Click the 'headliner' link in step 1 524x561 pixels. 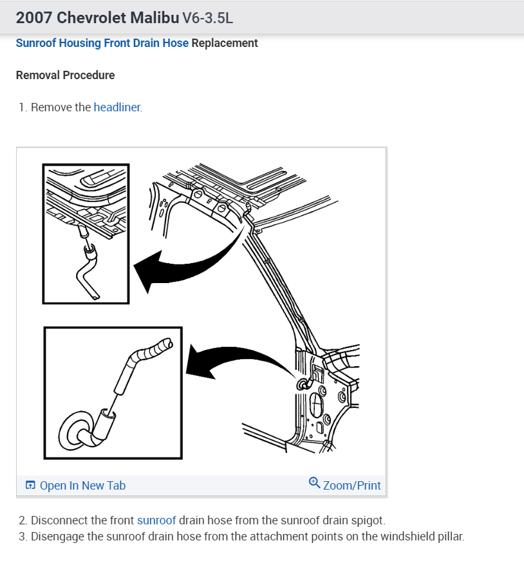click(x=117, y=107)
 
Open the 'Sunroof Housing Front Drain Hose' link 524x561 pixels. click(x=102, y=43)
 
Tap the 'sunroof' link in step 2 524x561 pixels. click(x=156, y=520)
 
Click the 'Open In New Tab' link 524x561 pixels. click(x=82, y=486)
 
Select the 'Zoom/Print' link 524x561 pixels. click(x=351, y=486)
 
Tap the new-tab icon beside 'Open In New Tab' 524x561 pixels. click(x=30, y=486)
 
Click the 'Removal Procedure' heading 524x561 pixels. click(x=65, y=75)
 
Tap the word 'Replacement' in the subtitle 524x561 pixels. click(x=225, y=43)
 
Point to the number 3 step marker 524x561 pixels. click(x=23, y=537)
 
